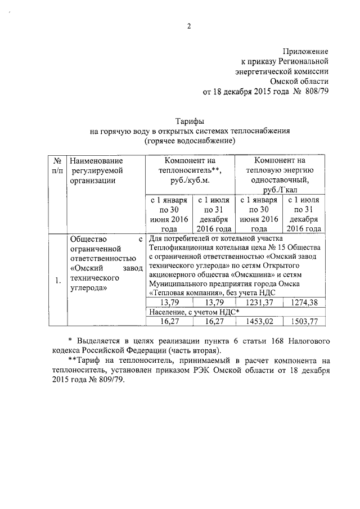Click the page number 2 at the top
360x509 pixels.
click(x=190, y=26)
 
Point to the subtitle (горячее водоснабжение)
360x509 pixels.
click(x=190, y=141)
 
